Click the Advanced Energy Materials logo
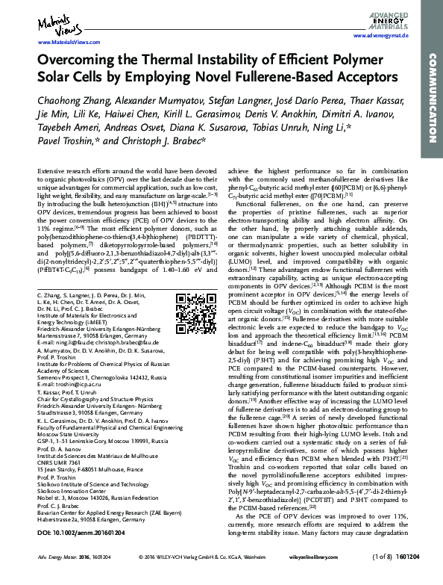389,18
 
